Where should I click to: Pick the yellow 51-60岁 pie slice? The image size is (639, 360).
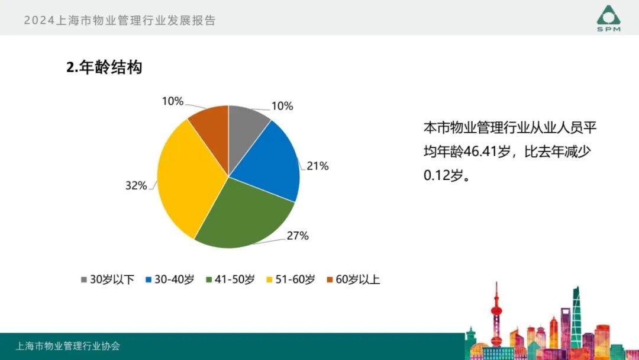(x=186, y=178)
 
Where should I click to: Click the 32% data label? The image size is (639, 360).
(x=135, y=186)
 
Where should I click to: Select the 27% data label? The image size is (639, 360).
(x=298, y=236)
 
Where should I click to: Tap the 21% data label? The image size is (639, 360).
(x=317, y=166)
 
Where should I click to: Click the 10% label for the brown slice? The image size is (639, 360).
(x=172, y=101)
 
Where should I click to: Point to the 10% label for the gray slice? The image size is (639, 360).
(x=282, y=107)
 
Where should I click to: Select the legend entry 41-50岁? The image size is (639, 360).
(x=230, y=279)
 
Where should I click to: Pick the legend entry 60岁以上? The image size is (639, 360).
(x=353, y=279)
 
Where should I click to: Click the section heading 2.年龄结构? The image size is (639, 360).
(x=104, y=67)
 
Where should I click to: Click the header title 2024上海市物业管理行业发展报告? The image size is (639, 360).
(x=120, y=20)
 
